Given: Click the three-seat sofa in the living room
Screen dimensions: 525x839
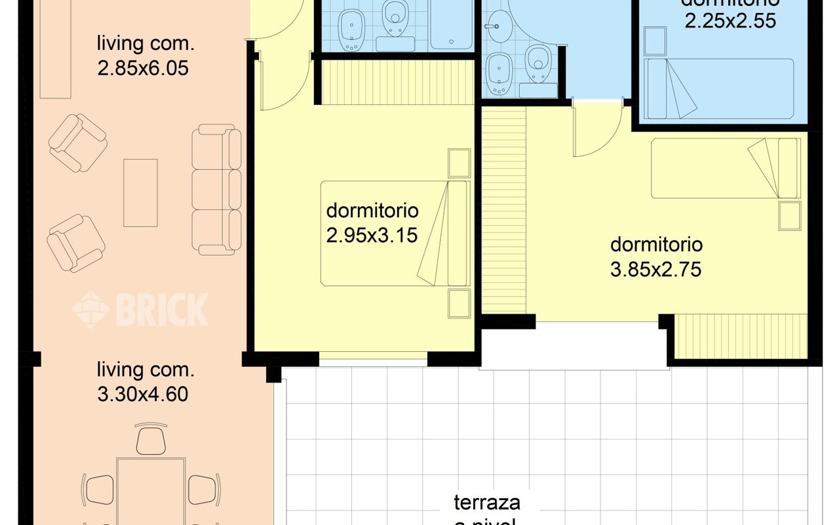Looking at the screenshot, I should (x=216, y=190).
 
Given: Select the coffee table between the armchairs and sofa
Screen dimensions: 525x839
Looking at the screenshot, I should (x=140, y=193).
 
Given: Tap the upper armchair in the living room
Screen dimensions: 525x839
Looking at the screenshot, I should (x=78, y=142).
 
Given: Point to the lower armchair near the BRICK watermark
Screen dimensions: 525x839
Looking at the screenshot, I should (x=76, y=243).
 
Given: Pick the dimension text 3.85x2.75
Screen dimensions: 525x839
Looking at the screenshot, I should (x=655, y=269).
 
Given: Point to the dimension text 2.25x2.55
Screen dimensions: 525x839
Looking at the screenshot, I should (x=730, y=21).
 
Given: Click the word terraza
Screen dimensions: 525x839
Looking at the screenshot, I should (x=487, y=503).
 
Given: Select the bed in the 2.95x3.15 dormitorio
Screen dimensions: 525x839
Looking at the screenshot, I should (x=395, y=233).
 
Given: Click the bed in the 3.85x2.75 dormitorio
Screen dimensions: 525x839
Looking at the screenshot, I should (x=725, y=168).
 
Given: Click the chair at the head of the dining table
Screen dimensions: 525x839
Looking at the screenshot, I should (x=151, y=438).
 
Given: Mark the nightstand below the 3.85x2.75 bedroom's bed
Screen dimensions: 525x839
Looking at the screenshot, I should (x=790, y=216).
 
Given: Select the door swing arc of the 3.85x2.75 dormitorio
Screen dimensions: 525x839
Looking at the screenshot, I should (x=596, y=135).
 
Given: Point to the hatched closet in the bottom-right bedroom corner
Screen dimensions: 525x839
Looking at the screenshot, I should (x=741, y=336).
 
